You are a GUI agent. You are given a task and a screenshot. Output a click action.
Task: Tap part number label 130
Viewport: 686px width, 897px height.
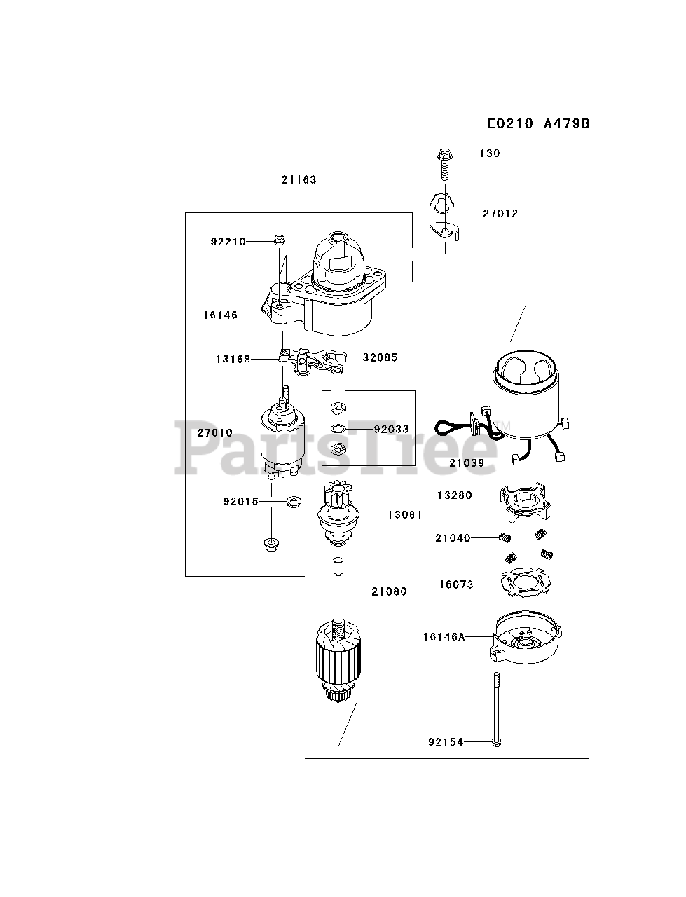click(x=490, y=153)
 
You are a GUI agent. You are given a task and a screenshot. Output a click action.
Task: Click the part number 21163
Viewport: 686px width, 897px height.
click(x=299, y=179)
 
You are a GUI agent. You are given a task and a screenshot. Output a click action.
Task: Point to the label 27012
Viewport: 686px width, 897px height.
click(x=500, y=213)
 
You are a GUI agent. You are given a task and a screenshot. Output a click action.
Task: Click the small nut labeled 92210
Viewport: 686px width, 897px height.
click(x=278, y=240)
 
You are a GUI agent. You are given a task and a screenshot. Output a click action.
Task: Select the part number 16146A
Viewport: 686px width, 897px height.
click(x=444, y=637)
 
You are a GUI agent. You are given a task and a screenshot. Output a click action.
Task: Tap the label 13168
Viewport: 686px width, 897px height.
click(x=233, y=359)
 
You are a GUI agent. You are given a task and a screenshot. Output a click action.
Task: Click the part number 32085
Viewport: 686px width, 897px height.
click(x=380, y=357)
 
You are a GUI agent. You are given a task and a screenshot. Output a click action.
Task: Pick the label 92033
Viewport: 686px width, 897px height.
click(x=391, y=429)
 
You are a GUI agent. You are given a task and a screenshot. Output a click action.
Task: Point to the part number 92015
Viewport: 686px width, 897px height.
click(x=241, y=502)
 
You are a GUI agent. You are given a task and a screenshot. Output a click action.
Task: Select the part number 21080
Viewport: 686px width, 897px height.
click(x=389, y=591)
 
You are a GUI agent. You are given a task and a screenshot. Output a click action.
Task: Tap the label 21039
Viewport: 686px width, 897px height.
click(x=467, y=463)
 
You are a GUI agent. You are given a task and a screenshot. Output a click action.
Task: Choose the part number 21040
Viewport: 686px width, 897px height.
click(x=453, y=538)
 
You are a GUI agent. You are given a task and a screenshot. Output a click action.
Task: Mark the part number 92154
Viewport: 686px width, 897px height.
click(x=446, y=741)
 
